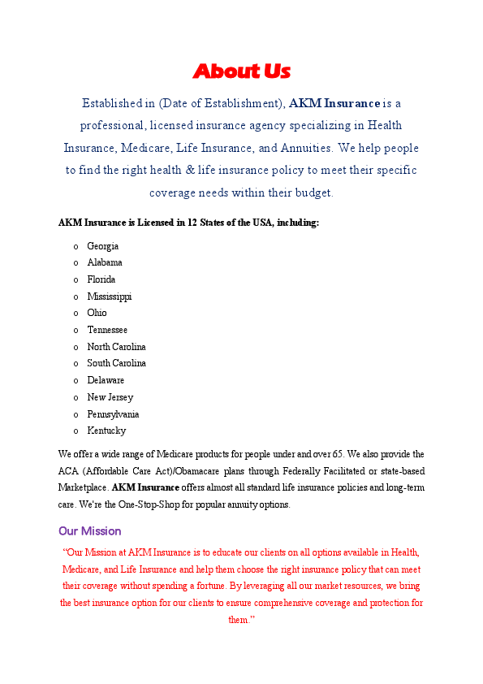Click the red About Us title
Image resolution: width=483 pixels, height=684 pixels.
[x=241, y=71]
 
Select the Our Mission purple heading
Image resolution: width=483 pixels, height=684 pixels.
[x=89, y=531]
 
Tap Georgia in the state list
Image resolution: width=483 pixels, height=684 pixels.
[x=103, y=246]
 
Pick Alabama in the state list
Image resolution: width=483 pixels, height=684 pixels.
[x=105, y=262]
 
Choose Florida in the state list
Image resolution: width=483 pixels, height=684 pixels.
[x=101, y=279]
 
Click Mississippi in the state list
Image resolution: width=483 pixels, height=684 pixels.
[x=110, y=297]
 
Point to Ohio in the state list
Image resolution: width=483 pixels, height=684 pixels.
[x=97, y=313]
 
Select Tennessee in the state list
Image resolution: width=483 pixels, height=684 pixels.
[x=107, y=330]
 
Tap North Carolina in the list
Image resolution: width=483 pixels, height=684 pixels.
[x=117, y=347]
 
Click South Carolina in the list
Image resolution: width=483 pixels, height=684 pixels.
[x=117, y=363]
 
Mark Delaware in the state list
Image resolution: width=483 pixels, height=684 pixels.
[x=106, y=380]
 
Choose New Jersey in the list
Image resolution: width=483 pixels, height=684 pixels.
[x=110, y=397]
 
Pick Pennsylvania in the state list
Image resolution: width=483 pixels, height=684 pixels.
[x=113, y=414]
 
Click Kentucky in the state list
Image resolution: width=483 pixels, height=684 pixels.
[x=106, y=431]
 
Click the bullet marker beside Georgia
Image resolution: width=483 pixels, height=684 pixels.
[x=75, y=246]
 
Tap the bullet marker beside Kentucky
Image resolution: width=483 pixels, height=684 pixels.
[x=75, y=431]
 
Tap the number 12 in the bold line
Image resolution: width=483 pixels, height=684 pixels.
[x=192, y=223]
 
